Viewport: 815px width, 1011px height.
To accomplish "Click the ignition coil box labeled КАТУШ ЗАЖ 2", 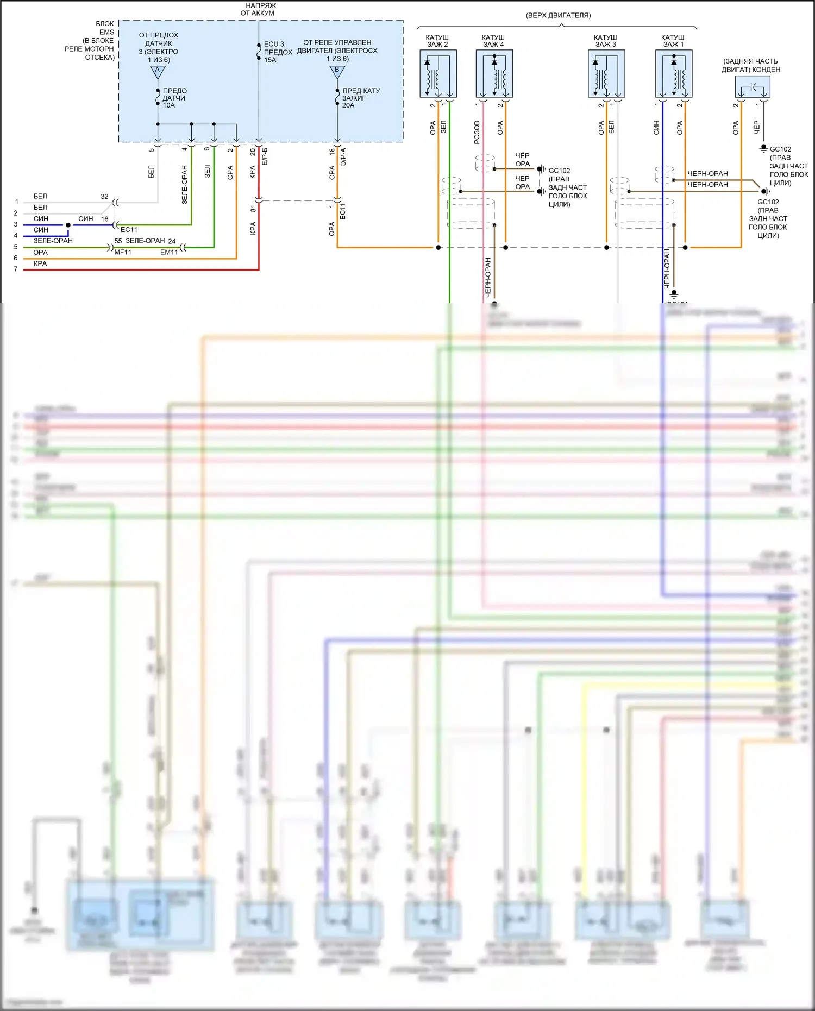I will point(438,73).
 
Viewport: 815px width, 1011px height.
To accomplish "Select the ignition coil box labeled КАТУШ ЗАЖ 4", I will point(494,73).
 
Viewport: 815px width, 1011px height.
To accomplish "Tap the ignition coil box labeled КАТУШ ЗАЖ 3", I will point(606,73).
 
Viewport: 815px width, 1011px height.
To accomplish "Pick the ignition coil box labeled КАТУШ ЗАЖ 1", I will point(674,73).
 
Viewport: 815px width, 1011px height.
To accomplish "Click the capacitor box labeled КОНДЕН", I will point(753,87).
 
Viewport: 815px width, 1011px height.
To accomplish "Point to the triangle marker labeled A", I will point(158,71).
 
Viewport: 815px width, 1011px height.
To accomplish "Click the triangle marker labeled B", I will point(337,71).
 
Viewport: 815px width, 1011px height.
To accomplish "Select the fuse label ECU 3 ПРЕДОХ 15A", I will point(277,52).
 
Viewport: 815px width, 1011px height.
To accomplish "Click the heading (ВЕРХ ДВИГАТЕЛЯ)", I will point(558,16).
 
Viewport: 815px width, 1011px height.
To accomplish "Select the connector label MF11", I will point(123,252).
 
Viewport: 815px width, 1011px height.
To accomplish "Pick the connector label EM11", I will point(169,252).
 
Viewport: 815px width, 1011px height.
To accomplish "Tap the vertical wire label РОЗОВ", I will point(477,132).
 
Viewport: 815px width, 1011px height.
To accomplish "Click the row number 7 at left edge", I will point(16,269).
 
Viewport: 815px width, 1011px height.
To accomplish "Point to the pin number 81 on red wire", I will point(253,209).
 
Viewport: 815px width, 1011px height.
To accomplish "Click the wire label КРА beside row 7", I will point(40,263).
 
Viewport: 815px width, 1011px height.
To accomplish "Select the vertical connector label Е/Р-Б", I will point(265,156).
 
